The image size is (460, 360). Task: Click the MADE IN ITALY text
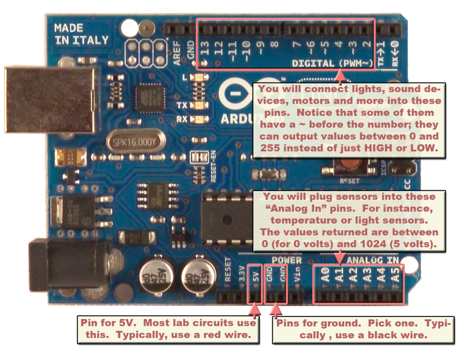(81, 34)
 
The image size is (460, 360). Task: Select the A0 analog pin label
(324, 274)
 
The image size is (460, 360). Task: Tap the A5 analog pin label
(395, 274)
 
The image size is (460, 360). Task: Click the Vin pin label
(297, 274)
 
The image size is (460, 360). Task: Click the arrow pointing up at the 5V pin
(255, 309)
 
